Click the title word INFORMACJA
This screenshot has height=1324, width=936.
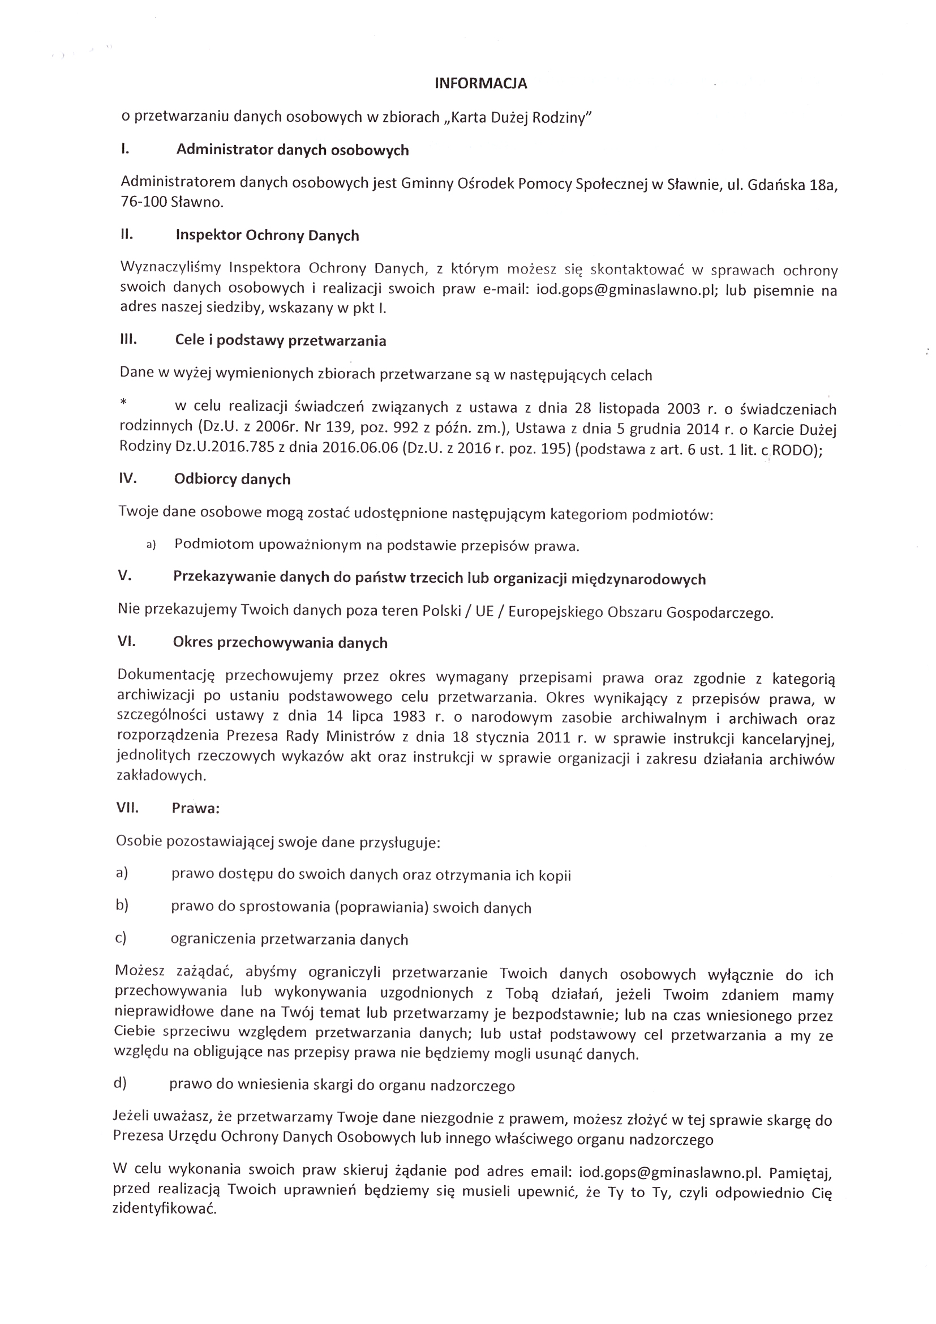click(x=480, y=84)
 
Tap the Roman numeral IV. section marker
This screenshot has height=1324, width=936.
click(x=127, y=478)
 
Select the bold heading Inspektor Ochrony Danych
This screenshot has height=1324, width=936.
click(x=268, y=235)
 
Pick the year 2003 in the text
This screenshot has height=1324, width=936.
click(x=683, y=409)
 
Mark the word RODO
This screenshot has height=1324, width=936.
click(x=793, y=450)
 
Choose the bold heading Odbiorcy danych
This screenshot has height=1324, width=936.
click(x=232, y=479)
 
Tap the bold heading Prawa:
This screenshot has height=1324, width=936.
click(x=195, y=808)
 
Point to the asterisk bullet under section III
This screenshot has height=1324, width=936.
click(x=123, y=403)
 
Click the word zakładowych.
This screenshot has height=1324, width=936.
click(x=161, y=776)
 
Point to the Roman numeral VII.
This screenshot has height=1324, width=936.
click(x=127, y=808)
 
